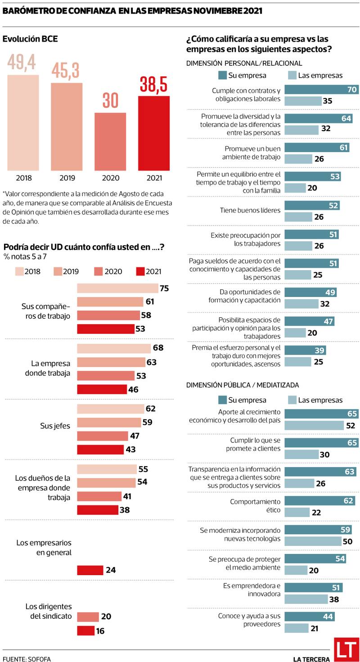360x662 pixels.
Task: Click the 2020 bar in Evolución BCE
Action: (110, 141)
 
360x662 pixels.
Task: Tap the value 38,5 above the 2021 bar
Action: (153, 84)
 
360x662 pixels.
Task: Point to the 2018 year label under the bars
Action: (24, 178)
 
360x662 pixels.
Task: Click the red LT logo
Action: (346, 649)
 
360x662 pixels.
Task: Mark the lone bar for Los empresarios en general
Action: (90, 570)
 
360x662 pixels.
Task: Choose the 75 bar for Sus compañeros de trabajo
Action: (117, 288)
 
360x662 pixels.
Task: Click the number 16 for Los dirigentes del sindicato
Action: (100, 631)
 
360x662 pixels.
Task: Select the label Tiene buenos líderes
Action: (250, 210)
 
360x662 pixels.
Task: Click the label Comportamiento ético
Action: (255, 506)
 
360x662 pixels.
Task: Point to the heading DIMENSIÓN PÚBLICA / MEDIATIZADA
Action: (243, 385)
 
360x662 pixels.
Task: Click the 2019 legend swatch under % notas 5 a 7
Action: (58, 271)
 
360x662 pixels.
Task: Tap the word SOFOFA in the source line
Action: (40, 659)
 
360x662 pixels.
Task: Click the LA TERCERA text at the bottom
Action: (311, 659)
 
